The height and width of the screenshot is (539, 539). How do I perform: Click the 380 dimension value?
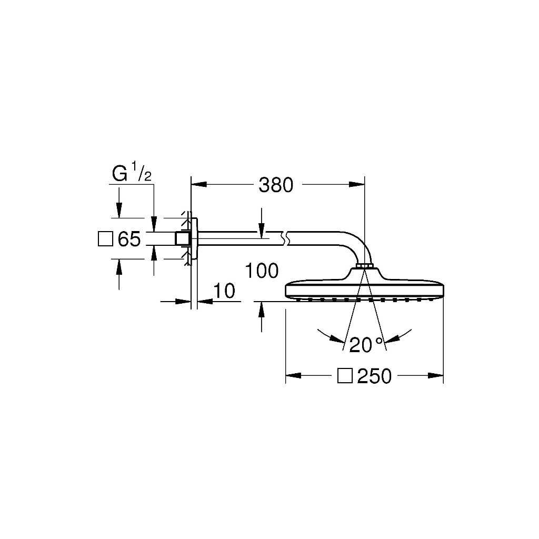[x=276, y=185]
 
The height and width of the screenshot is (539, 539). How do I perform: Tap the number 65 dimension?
[x=129, y=239]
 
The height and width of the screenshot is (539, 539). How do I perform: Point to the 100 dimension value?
[x=262, y=271]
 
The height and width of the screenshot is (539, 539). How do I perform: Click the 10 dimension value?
[x=224, y=291]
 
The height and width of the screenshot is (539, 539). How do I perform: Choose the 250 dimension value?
[x=374, y=376]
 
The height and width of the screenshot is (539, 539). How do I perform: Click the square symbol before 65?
[x=105, y=239]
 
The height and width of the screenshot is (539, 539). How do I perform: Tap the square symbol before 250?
[x=345, y=375]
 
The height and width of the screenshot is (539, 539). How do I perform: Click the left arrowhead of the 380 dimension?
[x=198, y=185]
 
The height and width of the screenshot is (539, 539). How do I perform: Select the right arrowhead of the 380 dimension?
[x=357, y=185]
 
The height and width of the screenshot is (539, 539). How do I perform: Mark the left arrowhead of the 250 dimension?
[x=293, y=375]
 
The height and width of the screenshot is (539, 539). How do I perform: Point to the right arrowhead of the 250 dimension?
[x=435, y=375]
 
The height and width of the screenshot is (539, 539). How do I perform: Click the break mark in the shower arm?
[x=285, y=238]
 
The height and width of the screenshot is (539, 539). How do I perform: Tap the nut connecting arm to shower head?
[x=365, y=266]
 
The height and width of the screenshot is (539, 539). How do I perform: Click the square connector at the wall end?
[x=182, y=238]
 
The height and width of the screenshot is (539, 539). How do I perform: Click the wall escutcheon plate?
[x=194, y=238]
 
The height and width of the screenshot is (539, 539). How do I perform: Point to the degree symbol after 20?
[x=379, y=341]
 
